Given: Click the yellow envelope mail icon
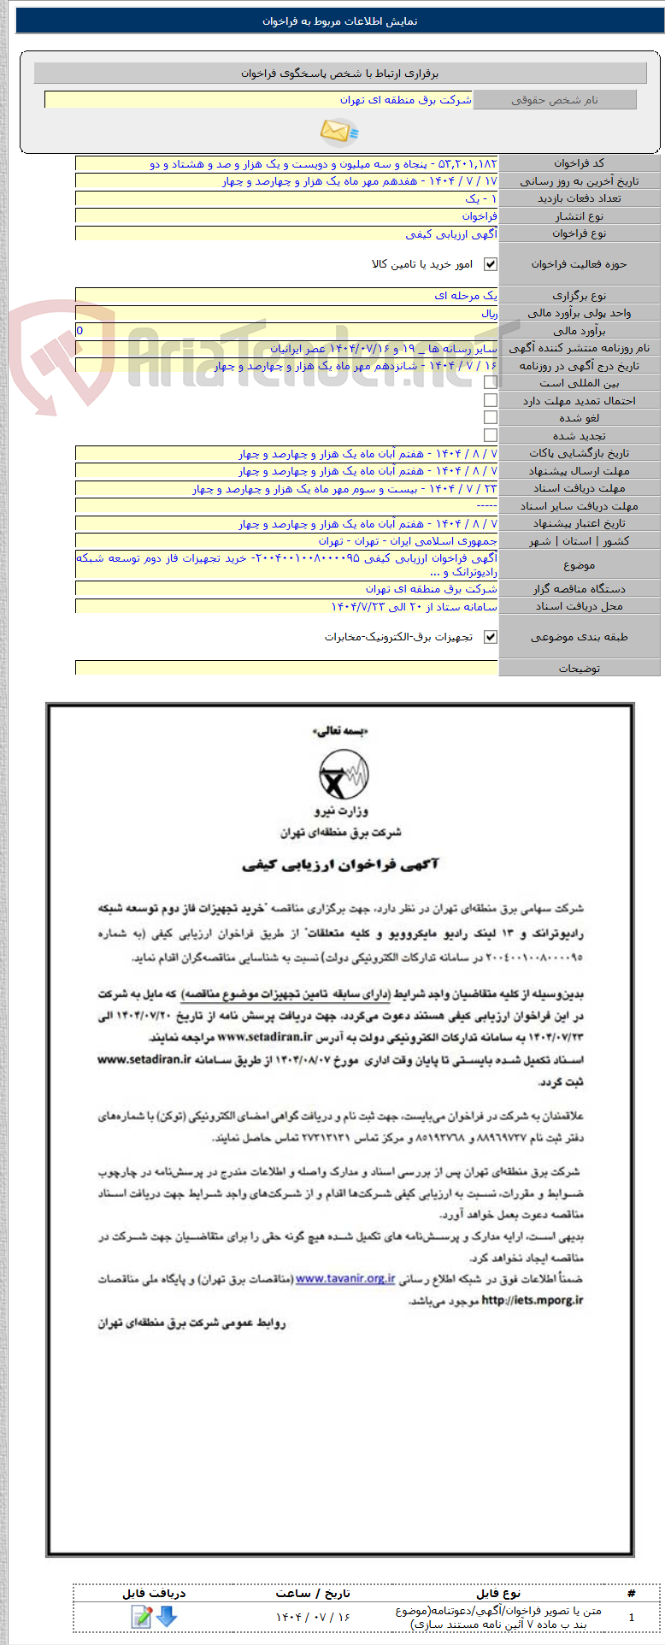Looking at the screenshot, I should click(x=339, y=131).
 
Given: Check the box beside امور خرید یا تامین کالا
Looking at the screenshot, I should click(x=490, y=264).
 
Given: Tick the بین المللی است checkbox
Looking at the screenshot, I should click(x=490, y=382).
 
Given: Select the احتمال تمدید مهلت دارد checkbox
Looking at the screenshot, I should click(x=490, y=400).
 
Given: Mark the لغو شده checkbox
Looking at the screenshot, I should click(x=490, y=417).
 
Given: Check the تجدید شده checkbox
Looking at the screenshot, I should click(x=490, y=435).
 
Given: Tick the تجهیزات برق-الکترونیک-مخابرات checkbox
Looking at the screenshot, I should click(x=490, y=637).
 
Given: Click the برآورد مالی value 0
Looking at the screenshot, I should click(x=80, y=330).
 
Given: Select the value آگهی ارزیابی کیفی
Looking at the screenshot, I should click(x=450, y=233).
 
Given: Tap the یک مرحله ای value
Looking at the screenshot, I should click(x=465, y=296).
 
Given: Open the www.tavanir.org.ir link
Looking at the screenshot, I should click(x=345, y=1279).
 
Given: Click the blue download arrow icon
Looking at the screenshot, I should click(x=167, y=1616).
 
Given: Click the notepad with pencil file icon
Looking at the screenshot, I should click(x=141, y=1616).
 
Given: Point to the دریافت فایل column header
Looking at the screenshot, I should click(x=154, y=1593).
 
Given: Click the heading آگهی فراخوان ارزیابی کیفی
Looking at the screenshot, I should click(x=340, y=864).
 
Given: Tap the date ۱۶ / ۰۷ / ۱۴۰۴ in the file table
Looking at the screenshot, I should click(x=313, y=1617).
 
